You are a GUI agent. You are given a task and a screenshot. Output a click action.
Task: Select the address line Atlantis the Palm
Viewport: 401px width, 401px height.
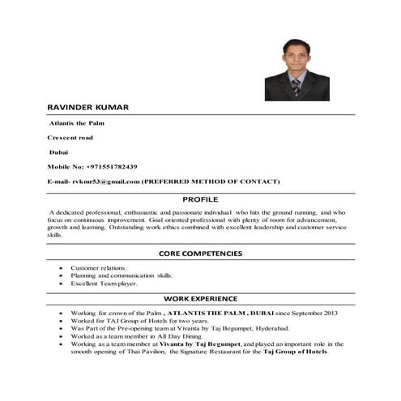[x=77, y=123]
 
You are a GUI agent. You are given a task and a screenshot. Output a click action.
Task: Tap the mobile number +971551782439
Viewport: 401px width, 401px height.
[x=116, y=166]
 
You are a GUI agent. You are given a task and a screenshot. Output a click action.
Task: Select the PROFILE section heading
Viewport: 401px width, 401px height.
[x=200, y=198]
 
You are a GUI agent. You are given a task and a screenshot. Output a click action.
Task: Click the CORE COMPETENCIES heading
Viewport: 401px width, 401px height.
[x=200, y=254]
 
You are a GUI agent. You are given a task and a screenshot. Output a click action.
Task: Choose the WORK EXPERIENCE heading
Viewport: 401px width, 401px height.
[x=200, y=299]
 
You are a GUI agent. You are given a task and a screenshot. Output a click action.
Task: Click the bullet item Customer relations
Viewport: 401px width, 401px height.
[x=99, y=267]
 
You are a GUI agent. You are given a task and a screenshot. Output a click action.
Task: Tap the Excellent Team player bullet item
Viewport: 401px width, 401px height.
[x=104, y=284]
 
